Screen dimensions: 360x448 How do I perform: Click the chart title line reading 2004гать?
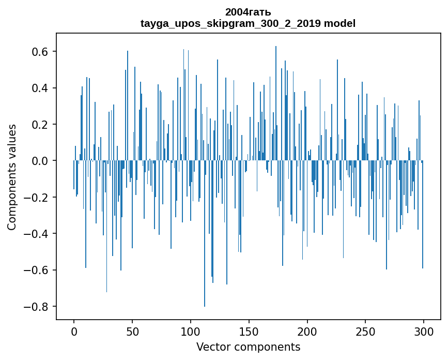tap(248, 12)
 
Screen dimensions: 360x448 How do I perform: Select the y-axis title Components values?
tap(12, 177)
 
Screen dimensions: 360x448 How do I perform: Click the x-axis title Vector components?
tap(248, 347)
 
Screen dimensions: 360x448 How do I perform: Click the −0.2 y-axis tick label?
tap(37, 198)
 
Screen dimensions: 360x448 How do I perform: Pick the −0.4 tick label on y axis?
tap(37, 234)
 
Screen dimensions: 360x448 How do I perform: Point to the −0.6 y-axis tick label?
tap(37, 270)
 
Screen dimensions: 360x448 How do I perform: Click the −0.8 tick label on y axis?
tap(37, 307)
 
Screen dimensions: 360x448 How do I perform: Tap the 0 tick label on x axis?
tap(74, 331)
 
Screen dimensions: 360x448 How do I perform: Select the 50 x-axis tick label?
tap(132, 331)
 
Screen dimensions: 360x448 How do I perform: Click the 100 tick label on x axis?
tap(191, 331)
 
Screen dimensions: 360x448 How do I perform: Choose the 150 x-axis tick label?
tap(249, 331)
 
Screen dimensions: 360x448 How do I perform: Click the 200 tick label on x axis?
tap(307, 331)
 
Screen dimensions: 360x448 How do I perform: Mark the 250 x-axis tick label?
tap(365, 331)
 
